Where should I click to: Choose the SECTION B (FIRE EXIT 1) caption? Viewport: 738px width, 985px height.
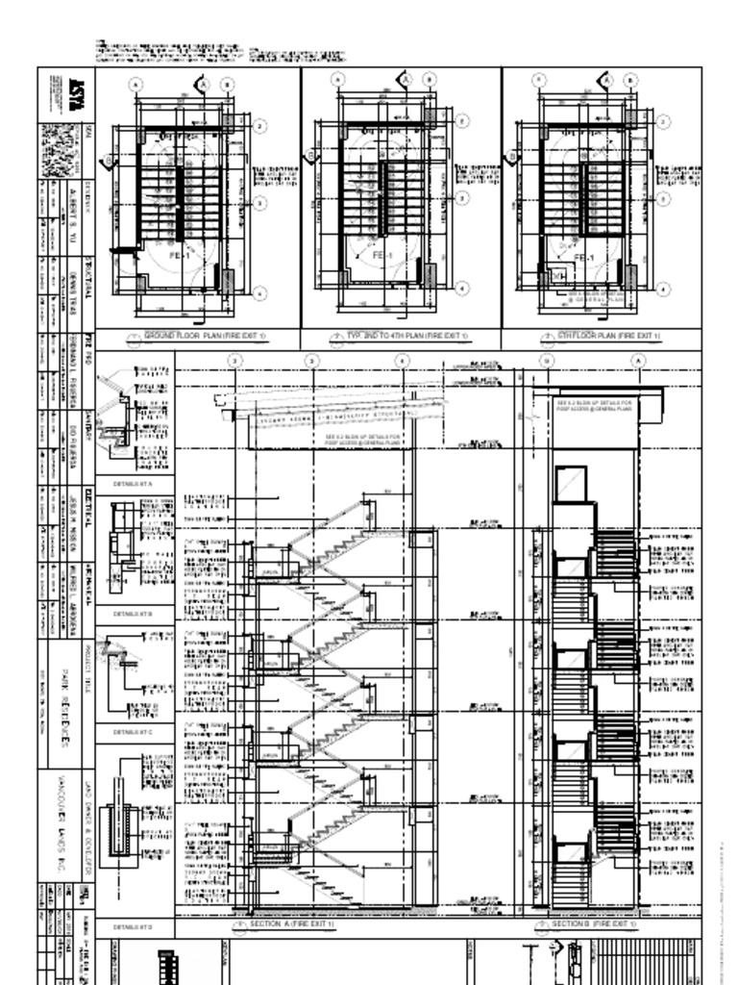594,923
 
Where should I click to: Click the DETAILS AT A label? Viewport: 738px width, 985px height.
133,482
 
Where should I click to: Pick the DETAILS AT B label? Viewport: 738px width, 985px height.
133,612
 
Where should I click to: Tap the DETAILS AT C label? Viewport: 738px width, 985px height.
133,732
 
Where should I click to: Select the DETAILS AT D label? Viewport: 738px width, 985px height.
133,927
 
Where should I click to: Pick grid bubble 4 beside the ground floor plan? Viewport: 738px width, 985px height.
259,291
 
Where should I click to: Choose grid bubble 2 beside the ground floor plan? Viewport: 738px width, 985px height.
259,125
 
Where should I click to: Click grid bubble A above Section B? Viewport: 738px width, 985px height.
637,360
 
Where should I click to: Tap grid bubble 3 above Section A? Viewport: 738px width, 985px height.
311,360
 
